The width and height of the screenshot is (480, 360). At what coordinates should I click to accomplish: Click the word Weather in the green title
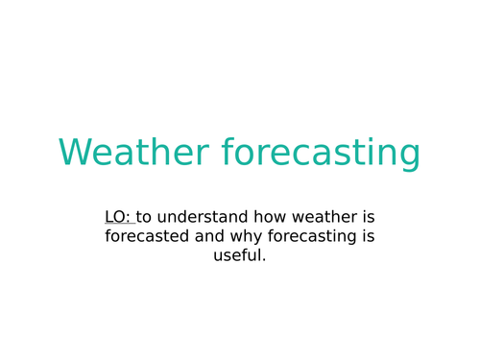[x=133, y=154]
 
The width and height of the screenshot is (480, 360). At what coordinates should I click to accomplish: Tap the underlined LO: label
[x=118, y=217]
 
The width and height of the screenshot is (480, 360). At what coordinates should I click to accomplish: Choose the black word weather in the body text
[x=323, y=217]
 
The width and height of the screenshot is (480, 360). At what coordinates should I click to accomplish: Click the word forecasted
[x=147, y=236]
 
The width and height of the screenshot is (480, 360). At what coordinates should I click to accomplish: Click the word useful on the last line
[x=237, y=255]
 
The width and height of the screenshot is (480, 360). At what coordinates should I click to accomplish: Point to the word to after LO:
[x=144, y=217]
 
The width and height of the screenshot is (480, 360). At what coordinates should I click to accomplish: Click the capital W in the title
[x=74, y=154]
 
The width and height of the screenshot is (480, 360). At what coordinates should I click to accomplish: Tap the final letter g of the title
[x=409, y=156]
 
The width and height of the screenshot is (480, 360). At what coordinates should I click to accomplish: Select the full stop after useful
[x=264, y=260]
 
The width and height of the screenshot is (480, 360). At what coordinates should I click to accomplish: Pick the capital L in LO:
[x=109, y=217]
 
